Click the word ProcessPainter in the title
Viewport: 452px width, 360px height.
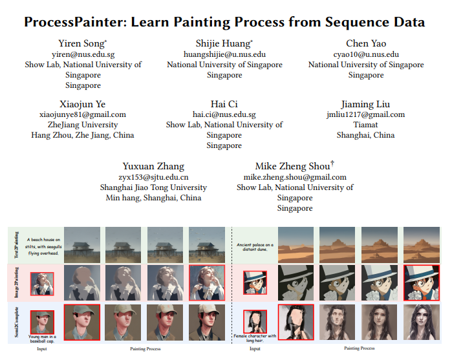(77, 22)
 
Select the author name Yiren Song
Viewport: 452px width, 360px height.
(82, 44)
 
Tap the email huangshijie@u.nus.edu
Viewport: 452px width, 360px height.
(224, 55)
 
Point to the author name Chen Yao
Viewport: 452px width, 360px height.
(366, 44)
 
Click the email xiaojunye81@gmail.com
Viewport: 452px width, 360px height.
(83, 115)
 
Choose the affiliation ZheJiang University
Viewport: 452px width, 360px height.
(83, 125)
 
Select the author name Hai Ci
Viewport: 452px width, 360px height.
(224, 105)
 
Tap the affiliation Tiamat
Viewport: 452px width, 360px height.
(366, 125)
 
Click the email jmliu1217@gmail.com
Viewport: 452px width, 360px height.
(366, 115)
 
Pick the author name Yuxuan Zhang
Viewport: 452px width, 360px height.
(153, 167)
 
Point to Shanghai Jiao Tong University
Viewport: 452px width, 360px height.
(153, 187)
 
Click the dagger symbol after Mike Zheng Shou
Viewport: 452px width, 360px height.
(332, 164)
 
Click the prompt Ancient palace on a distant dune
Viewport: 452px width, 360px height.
(255, 247)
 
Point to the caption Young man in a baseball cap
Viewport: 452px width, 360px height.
(42, 338)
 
